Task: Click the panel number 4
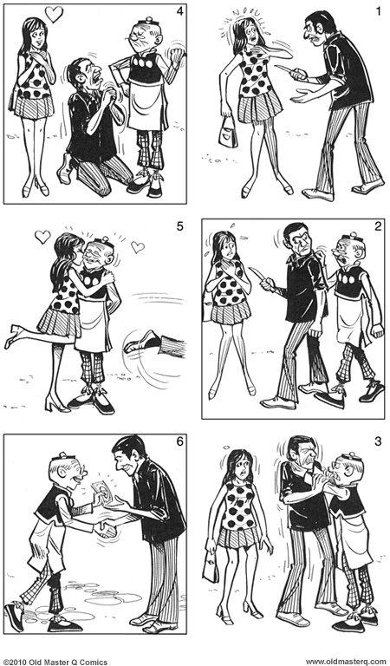(x=179, y=11)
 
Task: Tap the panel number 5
(x=179, y=227)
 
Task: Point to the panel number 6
(x=179, y=442)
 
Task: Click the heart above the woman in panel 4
(x=54, y=15)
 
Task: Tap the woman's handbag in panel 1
(x=228, y=134)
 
